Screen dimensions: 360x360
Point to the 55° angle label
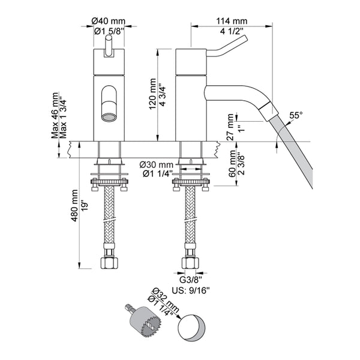(x=296, y=114)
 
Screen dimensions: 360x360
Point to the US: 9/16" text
(x=191, y=289)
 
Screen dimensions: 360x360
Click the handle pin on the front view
(x=109, y=45)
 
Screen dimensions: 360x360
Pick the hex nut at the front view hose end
(x=109, y=263)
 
